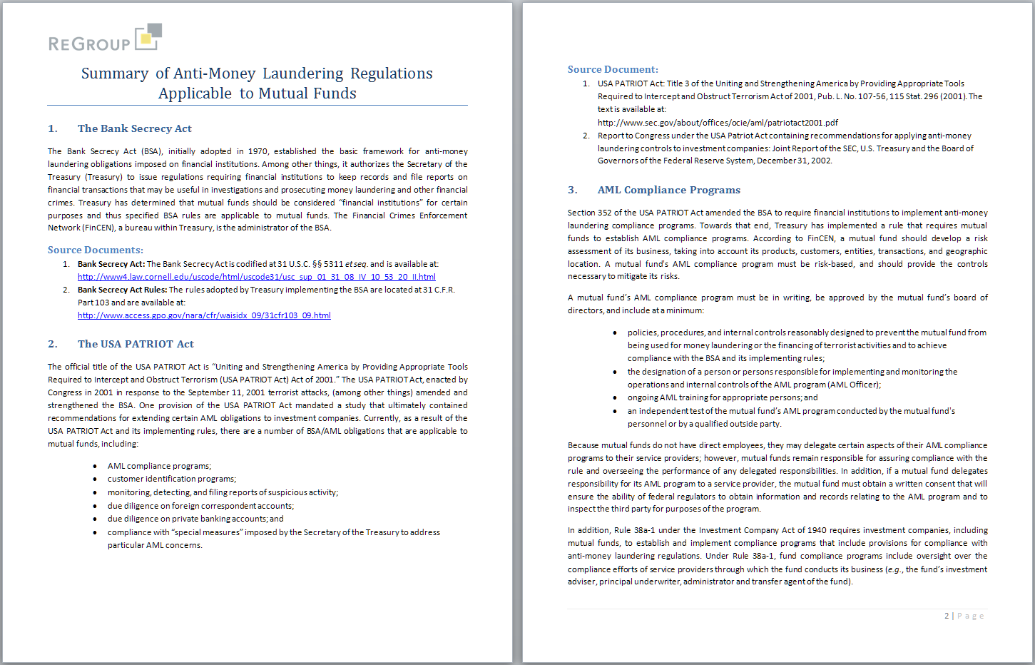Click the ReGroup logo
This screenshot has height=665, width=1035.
(x=105, y=39)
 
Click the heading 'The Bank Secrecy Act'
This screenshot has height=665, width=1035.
(x=134, y=128)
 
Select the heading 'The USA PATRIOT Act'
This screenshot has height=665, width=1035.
(x=136, y=344)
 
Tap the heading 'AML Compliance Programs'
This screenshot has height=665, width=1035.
(x=668, y=190)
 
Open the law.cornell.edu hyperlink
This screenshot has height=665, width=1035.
(x=256, y=277)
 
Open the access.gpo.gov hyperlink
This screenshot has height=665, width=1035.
(x=204, y=315)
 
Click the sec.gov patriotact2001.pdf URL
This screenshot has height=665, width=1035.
(x=718, y=123)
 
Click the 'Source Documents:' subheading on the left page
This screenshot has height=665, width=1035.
(x=95, y=250)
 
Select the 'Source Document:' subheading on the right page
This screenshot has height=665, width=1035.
(x=612, y=69)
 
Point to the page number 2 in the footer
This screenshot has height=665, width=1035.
(x=947, y=616)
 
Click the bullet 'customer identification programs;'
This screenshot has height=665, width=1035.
(x=171, y=479)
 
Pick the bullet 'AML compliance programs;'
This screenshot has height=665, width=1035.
(x=159, y=466)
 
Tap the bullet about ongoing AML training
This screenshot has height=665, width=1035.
(x=722, y=397)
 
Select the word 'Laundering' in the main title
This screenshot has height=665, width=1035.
(x=302, y=73)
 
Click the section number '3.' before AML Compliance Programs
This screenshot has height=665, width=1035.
(x=572, y=190)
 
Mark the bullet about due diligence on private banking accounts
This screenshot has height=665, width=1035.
(x=195, y=519)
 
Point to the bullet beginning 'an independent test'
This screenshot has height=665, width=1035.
(x=790, y=411)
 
